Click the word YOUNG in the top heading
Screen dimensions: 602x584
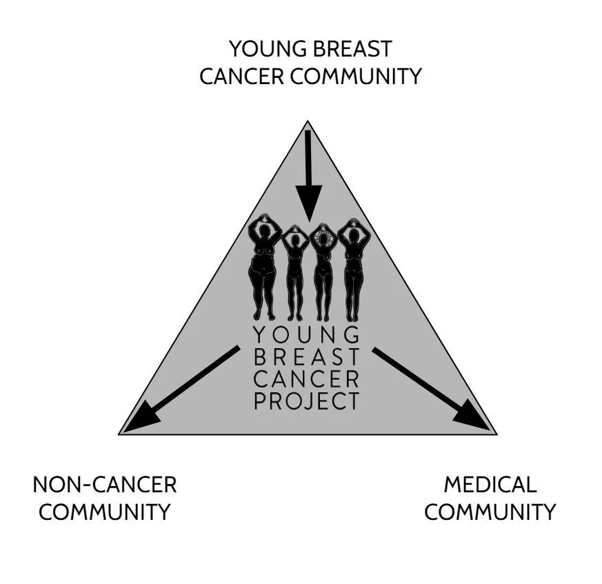click(266, 50)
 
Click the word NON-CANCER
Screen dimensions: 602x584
click(105, 485)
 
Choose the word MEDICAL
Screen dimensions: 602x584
click(490, 485)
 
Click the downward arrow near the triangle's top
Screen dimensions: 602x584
click(309, 172)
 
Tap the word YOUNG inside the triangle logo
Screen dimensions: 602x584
click(307, 336)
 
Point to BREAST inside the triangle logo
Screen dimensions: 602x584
click(307, 358)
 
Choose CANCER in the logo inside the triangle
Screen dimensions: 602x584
click(307, 379)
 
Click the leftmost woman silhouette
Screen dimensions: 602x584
click(265, 269)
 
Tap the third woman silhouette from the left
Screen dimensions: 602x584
click(323, 272)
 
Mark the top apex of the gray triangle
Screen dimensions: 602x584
click(308, 122)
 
